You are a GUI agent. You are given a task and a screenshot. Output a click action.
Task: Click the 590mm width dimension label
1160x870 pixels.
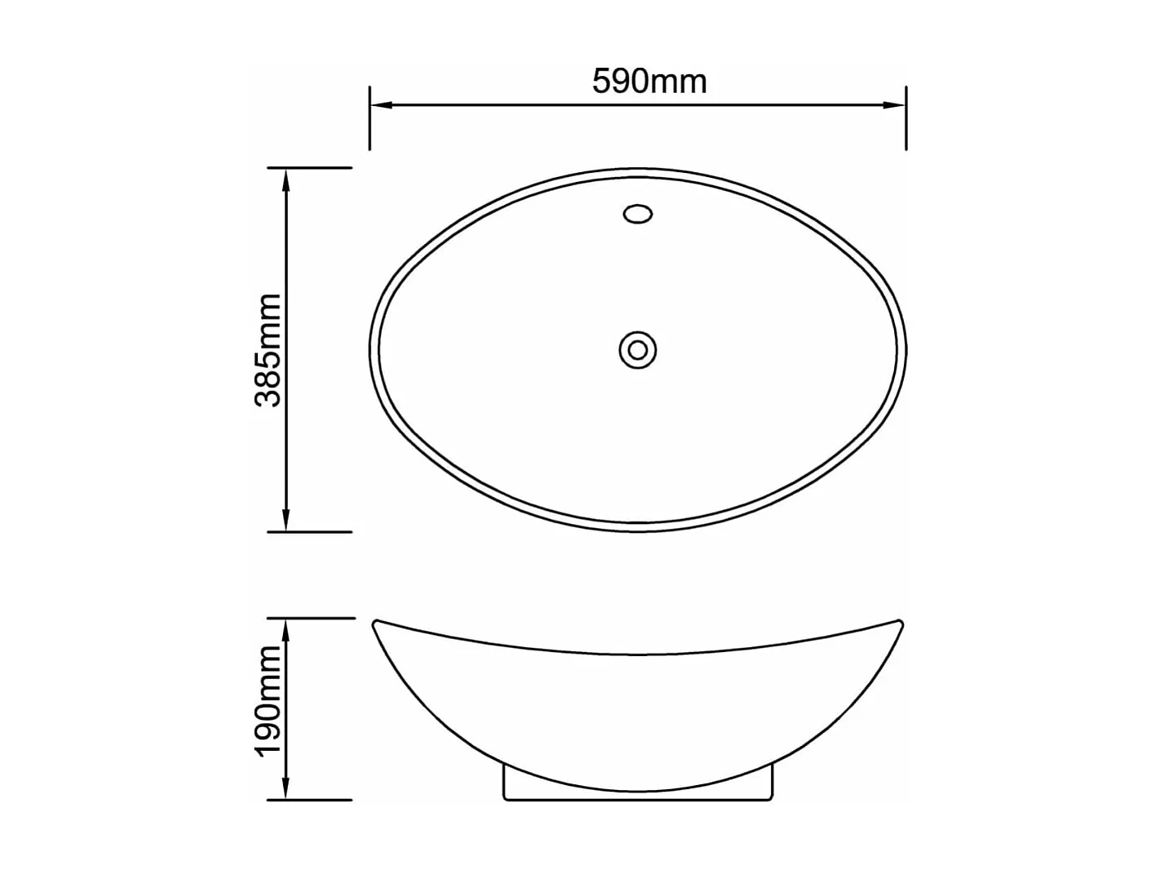pos(649,82)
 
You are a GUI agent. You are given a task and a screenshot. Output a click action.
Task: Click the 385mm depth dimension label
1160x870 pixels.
pos(268,350)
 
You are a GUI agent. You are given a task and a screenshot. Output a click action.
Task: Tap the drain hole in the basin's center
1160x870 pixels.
pos(638,350)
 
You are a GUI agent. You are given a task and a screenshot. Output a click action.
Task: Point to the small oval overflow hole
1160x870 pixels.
pos(638,214)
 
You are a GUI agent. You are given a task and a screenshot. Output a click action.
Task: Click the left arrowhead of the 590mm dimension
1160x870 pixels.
pos(381,105)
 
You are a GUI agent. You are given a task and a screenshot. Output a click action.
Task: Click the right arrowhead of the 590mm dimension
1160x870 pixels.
pos(895,105)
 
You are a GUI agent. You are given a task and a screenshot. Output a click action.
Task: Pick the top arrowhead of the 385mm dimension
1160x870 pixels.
pos(286,178)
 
